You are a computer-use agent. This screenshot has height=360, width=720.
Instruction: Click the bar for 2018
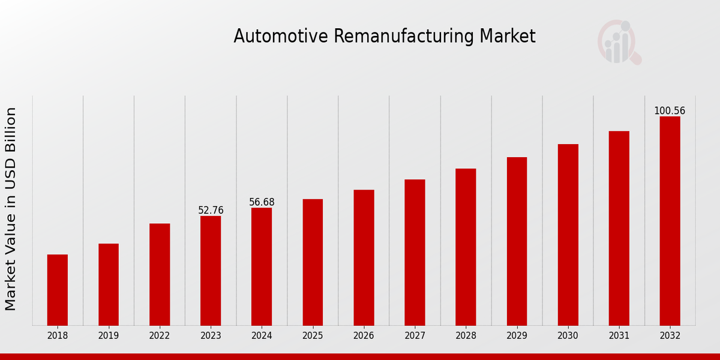(58, 290)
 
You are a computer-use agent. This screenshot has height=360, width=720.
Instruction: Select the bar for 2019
(109, 284)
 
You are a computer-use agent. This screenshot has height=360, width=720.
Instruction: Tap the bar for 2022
(160, 274)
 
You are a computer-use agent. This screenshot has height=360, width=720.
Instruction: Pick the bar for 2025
(313, 262)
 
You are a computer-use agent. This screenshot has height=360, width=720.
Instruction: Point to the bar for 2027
(415, 252)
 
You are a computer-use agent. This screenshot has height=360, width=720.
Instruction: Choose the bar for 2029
(517, 241)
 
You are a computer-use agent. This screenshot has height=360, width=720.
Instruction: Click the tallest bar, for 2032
(670, 221)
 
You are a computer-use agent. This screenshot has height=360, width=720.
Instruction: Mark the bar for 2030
(568, 235)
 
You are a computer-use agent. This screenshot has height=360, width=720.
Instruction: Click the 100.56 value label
(670, 111)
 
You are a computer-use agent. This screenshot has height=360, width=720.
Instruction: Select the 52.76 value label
(211, 211)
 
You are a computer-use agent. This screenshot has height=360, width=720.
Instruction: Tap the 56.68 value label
(262, 202)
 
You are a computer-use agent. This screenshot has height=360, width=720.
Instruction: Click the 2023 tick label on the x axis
(211, 336)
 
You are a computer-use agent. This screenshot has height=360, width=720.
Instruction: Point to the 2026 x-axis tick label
(364, 336)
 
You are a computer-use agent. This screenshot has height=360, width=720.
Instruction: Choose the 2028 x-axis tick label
(466, 336)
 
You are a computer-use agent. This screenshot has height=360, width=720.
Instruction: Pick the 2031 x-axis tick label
(619, 336)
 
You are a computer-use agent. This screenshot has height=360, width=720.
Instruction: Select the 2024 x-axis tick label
(262, 336)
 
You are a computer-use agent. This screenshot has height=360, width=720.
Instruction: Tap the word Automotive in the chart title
(281, 37)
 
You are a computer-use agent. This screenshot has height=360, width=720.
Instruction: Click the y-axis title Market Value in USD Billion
(11, 209)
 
